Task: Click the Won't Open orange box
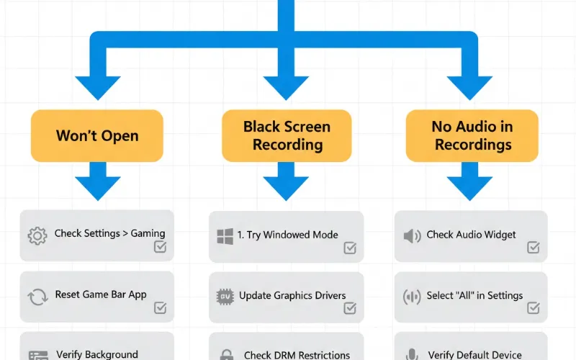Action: (97, 135)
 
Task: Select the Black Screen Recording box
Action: (287, 135)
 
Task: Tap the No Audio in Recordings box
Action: (472, 135)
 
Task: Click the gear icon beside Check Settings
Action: (37, 235)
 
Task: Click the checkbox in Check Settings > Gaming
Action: (161, 247)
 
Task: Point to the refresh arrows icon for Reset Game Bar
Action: (37, 296)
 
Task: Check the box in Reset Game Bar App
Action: (161, 308)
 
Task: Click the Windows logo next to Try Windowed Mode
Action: (225, 235)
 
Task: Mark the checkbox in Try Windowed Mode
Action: (350, 248)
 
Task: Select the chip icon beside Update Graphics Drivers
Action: (225, 296)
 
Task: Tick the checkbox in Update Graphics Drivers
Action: (350, 308)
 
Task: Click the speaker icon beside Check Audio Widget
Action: (412, 235)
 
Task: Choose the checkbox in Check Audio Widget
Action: (534, 248)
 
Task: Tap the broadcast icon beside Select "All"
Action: (412, 296)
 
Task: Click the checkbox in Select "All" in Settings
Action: (534, 308)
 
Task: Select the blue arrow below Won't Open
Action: (97, 181)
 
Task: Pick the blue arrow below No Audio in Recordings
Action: (472, 181)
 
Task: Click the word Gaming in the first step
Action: (148, 233)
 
